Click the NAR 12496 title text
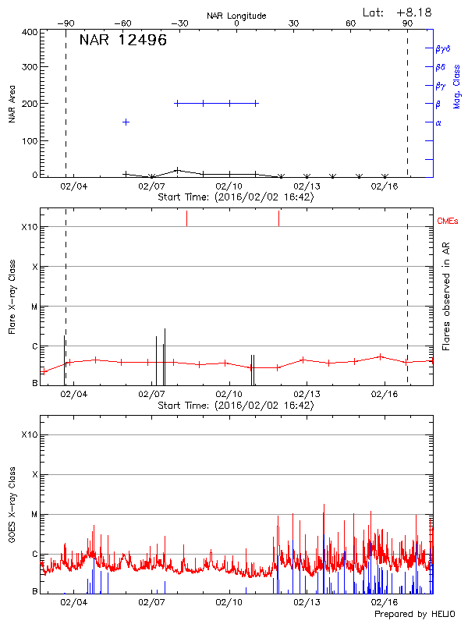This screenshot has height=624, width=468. [x=123, y=41]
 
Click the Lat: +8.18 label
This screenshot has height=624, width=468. [x=398, y=12]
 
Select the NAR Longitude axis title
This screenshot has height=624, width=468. [x=236, y=16]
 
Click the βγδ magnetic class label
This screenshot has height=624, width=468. [x=442, y=48]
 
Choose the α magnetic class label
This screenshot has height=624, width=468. [x=438, y=122]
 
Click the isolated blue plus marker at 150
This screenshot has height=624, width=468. [x=126, y=122]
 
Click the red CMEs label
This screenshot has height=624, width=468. [x=448, y=222]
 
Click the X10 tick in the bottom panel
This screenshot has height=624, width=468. [x=28, y=434]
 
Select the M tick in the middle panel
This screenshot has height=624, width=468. [x=34, y=307]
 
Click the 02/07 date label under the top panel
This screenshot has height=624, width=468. [x=151, y=186]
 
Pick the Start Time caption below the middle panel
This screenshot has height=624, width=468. [x=236, y=405]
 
